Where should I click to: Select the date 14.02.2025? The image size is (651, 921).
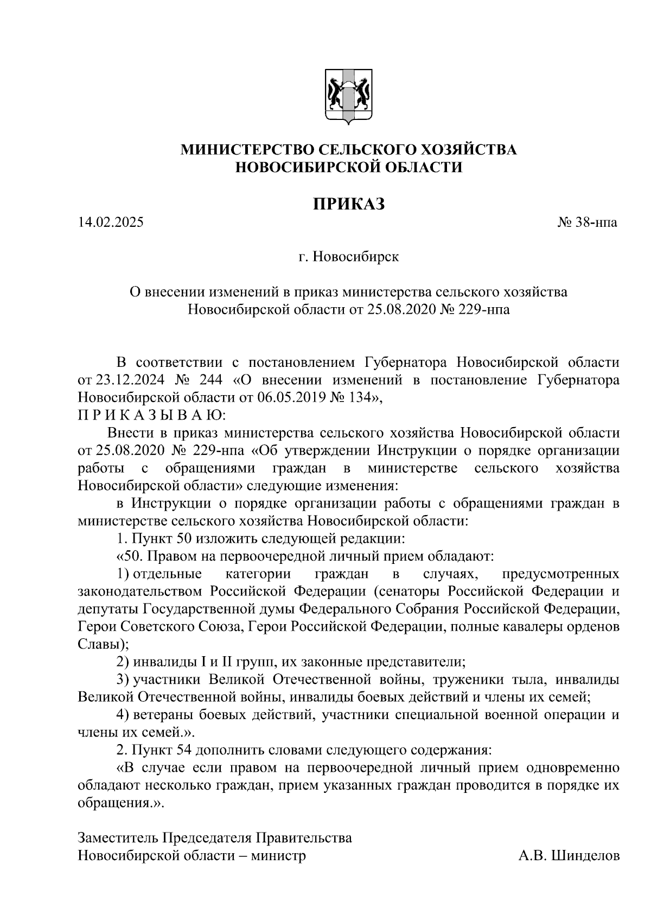(111, 222)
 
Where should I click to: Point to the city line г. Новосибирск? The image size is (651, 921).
(348, 257)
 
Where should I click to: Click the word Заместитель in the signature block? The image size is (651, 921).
(118, 837)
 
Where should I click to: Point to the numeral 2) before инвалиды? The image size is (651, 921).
(123, 662)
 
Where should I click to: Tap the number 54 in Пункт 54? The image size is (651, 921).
(183, 750)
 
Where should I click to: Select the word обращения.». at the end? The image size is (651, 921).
(120, 803)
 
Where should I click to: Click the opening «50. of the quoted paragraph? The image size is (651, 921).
(130, 556)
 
